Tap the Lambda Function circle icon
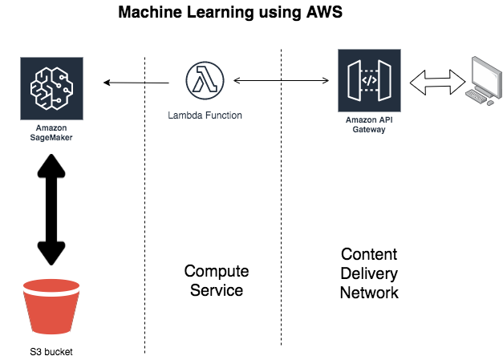point(204,81)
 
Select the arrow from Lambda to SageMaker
point(136,82)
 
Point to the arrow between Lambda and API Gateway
point(282,80)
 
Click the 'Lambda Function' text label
point(205,115)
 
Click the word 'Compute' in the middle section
point(217,271)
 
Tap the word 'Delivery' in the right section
point(369,273)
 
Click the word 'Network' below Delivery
point(369,293)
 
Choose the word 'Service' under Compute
point(217,290)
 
